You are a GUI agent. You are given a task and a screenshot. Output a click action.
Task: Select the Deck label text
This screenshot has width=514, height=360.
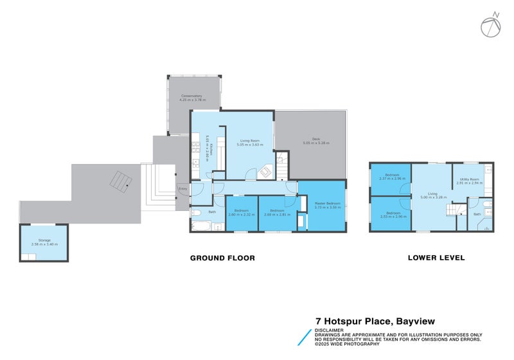[x=311, y=141]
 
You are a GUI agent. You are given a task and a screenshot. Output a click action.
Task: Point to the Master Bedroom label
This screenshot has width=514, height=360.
[x=327, y=204]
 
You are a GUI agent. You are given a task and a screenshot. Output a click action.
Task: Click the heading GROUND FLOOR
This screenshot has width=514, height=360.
[x=222, y=258]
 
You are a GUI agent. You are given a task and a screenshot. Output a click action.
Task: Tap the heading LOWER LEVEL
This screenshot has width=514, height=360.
[x=436, y=258]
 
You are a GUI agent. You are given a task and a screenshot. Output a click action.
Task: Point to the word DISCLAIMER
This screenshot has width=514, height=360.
[x=328, y=330]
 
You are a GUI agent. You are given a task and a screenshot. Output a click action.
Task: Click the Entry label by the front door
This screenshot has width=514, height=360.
[x=183, y=188]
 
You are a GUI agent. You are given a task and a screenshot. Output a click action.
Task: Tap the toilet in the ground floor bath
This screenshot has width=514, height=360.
[x=196, y=212]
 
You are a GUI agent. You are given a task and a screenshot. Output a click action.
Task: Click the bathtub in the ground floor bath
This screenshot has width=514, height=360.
[x=201, y=226]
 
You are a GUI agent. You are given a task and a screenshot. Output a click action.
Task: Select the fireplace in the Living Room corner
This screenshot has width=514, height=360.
[x=263, y=172]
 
